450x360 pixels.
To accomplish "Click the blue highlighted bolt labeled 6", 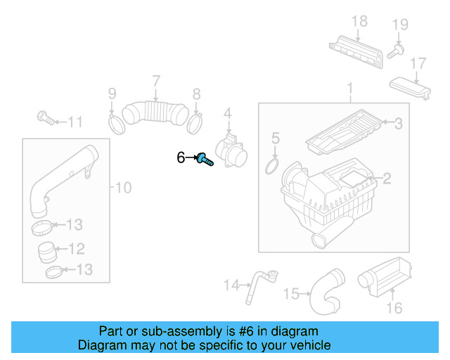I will click(205, 159).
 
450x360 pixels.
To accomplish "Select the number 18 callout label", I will click(359, 22).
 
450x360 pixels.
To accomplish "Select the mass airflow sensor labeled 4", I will click(232, 149).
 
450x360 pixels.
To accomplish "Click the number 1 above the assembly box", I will click(349, 88).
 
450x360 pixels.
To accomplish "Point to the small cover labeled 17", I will click(411, 87).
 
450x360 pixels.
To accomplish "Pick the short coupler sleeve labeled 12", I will click(47, 250).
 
